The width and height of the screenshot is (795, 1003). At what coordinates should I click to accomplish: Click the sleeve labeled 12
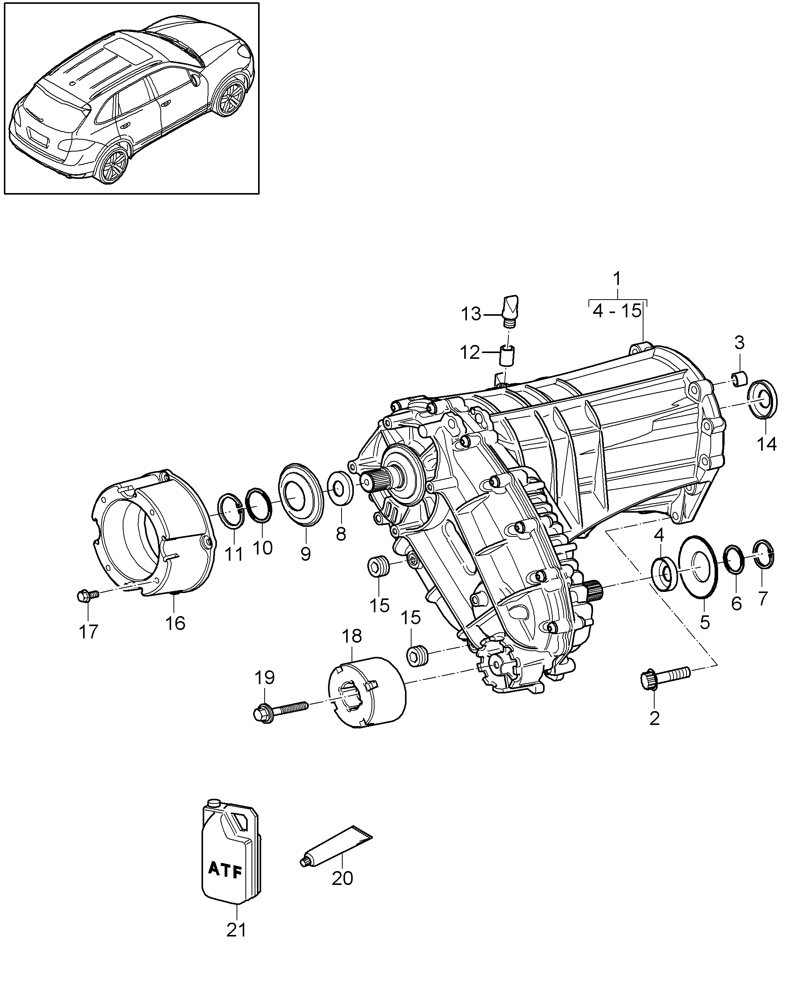508,356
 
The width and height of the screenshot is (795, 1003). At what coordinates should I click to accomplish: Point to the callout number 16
175,623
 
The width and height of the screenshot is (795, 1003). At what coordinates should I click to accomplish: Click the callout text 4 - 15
617,311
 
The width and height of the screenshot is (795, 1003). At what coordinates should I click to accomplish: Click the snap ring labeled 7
763,554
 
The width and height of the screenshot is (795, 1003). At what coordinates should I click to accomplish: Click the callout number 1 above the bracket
617,279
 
